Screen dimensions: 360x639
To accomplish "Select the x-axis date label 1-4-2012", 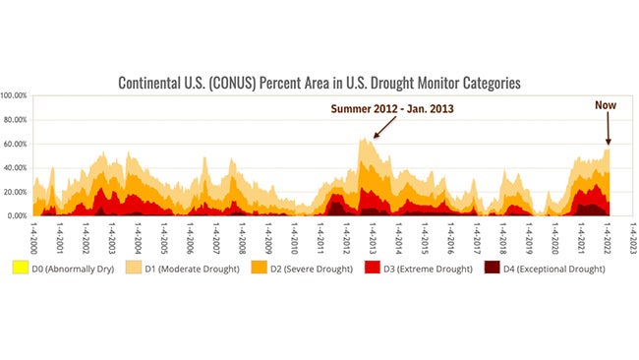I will pos(347,237).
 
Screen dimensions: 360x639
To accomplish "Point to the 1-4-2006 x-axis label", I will pos(191,237).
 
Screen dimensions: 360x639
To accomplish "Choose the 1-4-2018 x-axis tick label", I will pos(503,237).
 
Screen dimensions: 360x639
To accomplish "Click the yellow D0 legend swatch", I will pos(19,267).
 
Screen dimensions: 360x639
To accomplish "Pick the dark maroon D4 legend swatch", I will pos(494,267).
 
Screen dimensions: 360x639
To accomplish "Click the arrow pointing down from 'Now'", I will pos(608,128).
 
